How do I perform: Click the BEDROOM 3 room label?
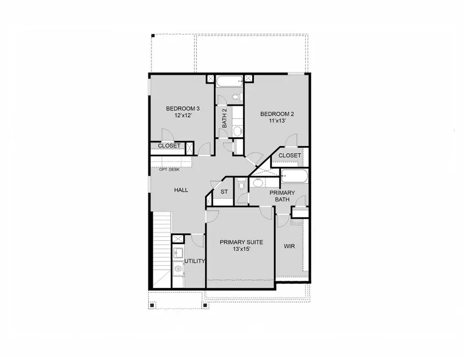point(182,109)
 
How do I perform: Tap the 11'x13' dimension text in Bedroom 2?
point(277,121)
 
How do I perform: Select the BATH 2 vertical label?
point(225,119)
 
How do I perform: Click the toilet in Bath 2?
point(236,97)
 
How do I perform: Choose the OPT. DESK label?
point(169,169)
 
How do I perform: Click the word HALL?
point(181,190)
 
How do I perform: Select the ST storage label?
point(224,192)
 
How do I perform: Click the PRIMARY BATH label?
point(282,196)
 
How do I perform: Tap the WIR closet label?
point(289,246)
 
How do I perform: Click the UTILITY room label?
point(195,261)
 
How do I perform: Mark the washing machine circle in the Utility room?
point(178,268)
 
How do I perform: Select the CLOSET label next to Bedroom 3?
point(169,146)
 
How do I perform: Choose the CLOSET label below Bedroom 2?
point(289,155)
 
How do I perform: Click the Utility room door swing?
point(197,240)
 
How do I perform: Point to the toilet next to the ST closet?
point(242,185)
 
